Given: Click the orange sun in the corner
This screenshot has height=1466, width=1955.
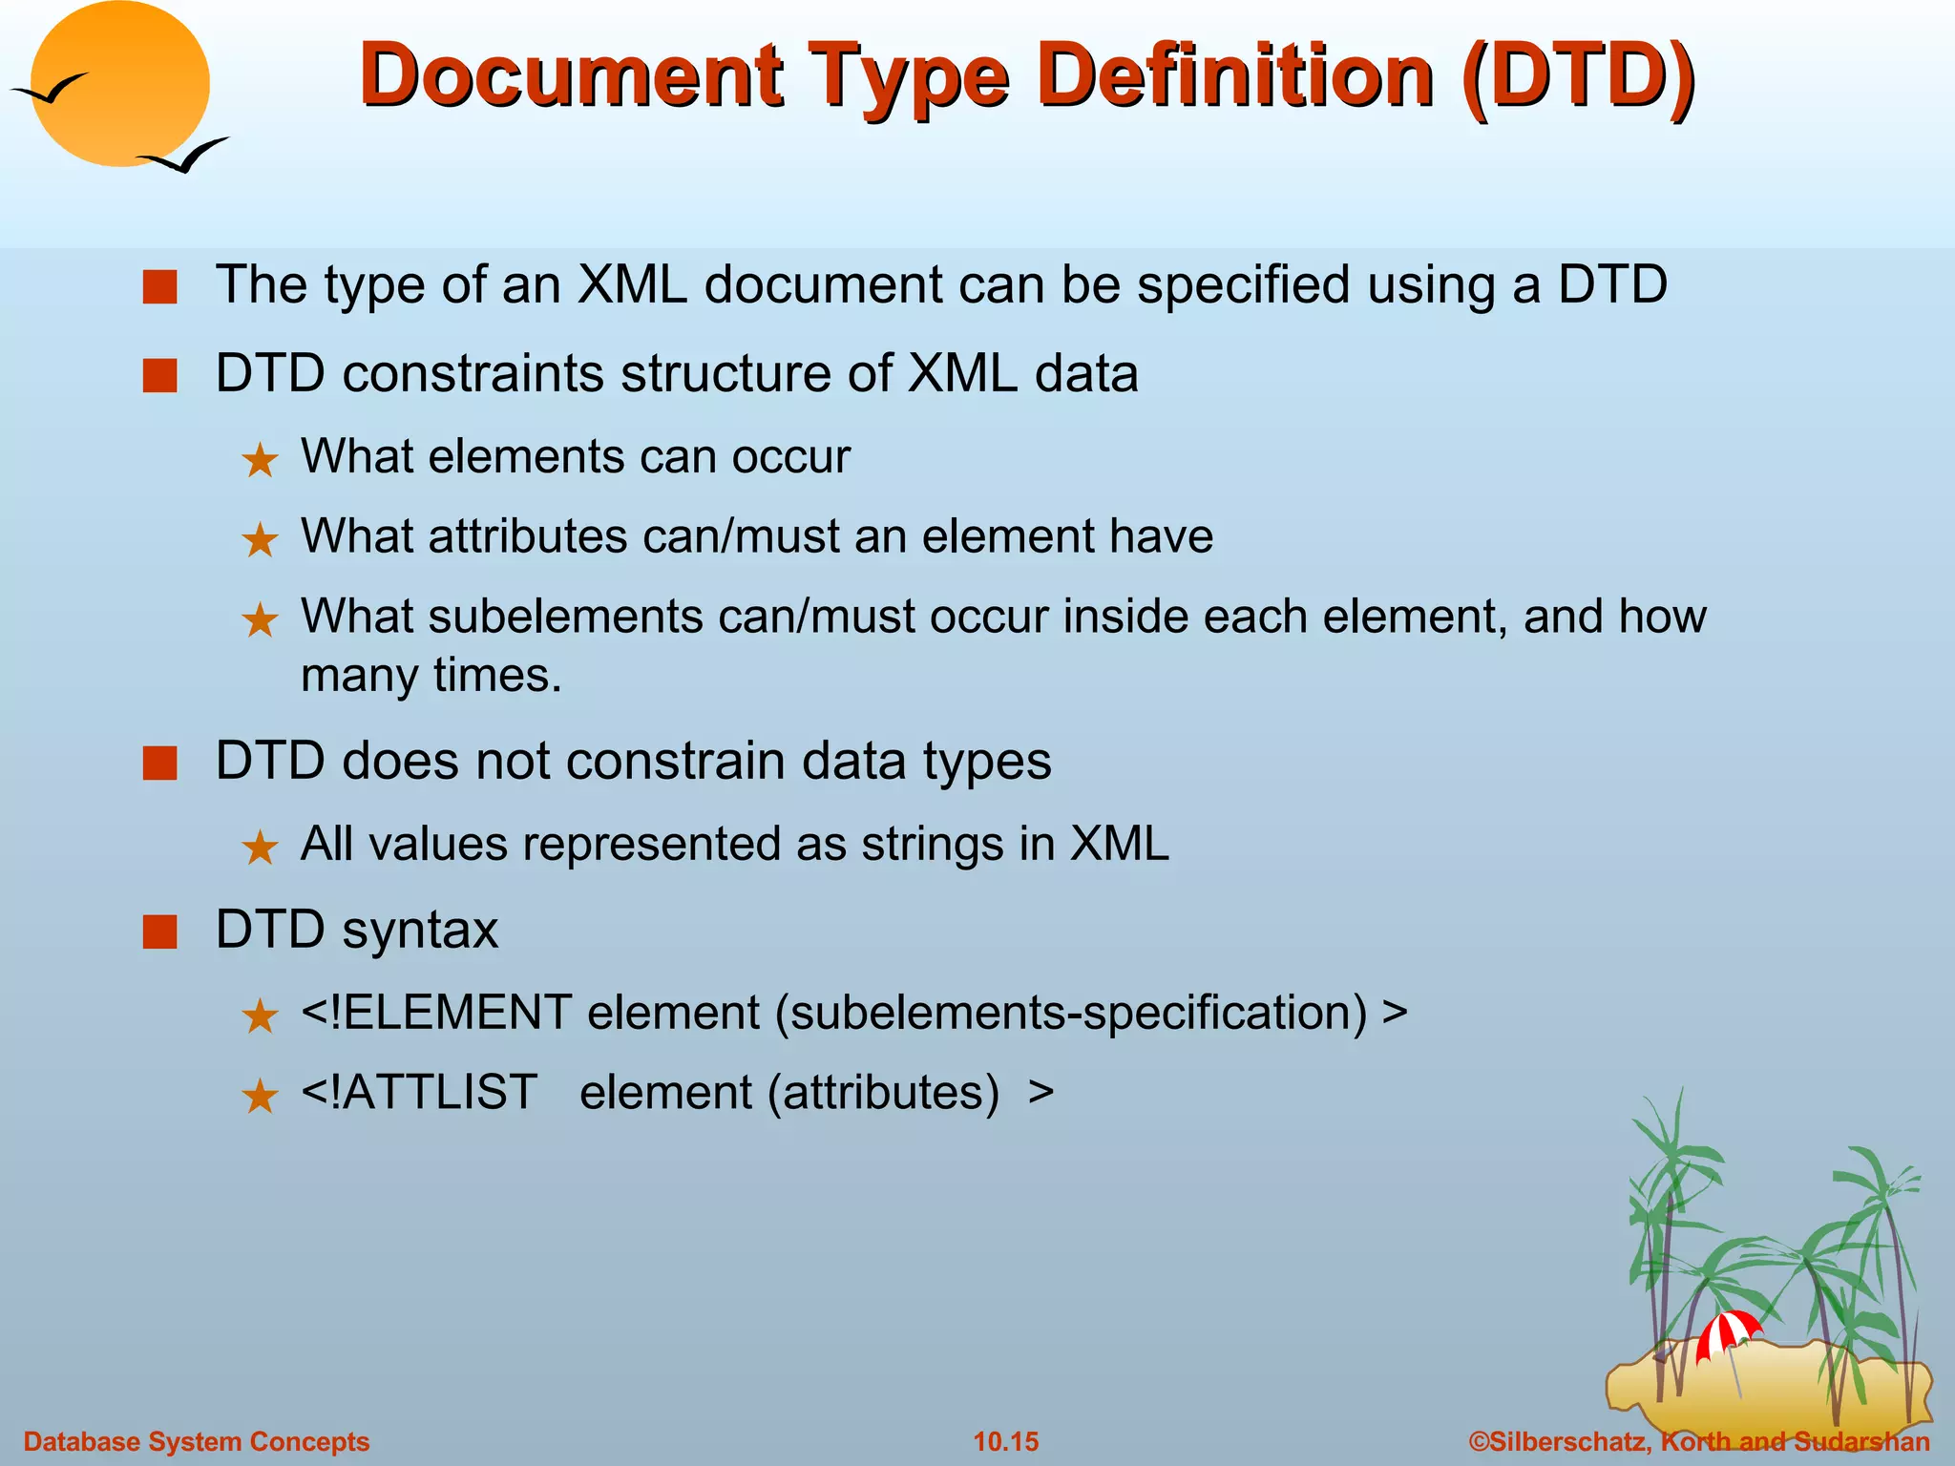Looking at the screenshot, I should (119, 84).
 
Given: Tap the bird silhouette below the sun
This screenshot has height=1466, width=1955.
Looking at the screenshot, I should (186, 156).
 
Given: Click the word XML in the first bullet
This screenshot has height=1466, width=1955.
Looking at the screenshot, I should (632, 284).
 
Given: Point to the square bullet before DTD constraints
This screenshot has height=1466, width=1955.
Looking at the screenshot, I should (159, 375).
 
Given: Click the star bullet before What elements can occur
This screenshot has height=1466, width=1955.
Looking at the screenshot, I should (260, 461).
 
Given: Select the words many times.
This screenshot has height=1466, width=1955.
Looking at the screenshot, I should (431, 676).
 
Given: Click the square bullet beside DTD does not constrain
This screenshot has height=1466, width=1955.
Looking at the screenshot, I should (159, 764).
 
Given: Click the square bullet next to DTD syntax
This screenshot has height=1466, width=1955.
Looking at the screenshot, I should (159, 932).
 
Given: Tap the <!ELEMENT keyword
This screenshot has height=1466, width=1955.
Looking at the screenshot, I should (436, 1013).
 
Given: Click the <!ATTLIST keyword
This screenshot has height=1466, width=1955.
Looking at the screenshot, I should (419, 1092).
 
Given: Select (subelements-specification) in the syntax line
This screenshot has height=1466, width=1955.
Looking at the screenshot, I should (1071, 1013).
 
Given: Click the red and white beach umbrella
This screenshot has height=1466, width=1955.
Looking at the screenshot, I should (1727, 1331).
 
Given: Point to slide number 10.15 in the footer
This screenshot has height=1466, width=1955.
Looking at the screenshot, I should (1005, 1441).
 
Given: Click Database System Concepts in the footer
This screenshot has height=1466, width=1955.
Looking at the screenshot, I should (196, 1441).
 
